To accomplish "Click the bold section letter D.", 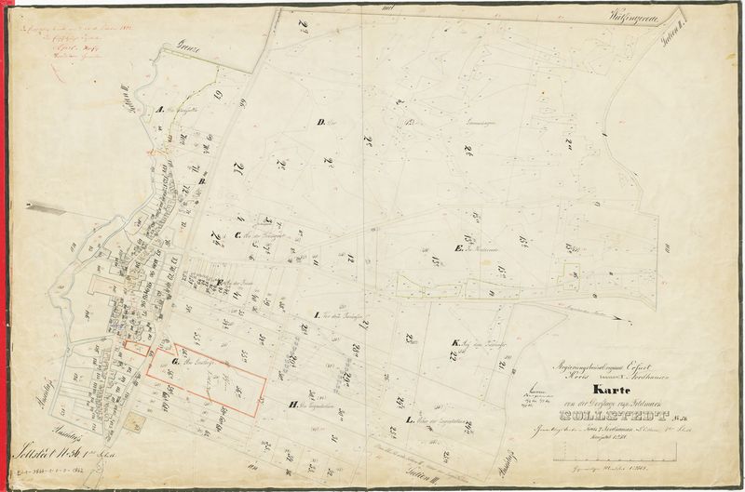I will click(x=319, y=122).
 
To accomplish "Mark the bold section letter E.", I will click(x=458, y=248).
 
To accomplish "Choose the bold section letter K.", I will click(x=454, y=343).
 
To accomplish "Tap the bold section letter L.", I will click(x=411, y=420).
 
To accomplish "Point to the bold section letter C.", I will click(x=239, y=233).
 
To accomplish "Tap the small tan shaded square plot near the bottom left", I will click(x=141, y=423).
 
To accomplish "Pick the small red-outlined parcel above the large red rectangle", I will click(x=136, y=348).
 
